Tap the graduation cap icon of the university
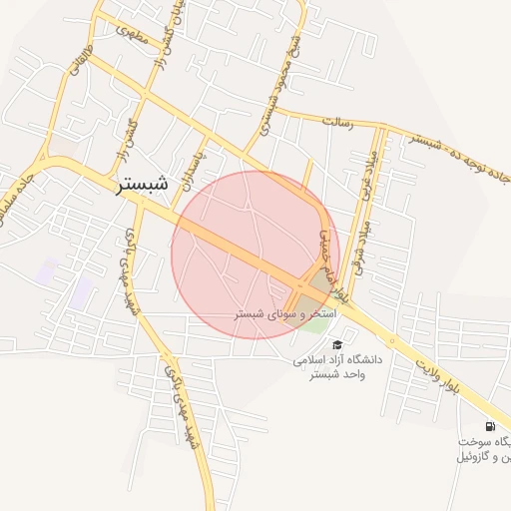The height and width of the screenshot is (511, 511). pyautogui.click(x=335, y=345)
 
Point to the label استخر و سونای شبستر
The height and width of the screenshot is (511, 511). pyautogui.click(x=285, y=313)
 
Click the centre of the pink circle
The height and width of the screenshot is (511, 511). pyautogui.click(x=255, y=255)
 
